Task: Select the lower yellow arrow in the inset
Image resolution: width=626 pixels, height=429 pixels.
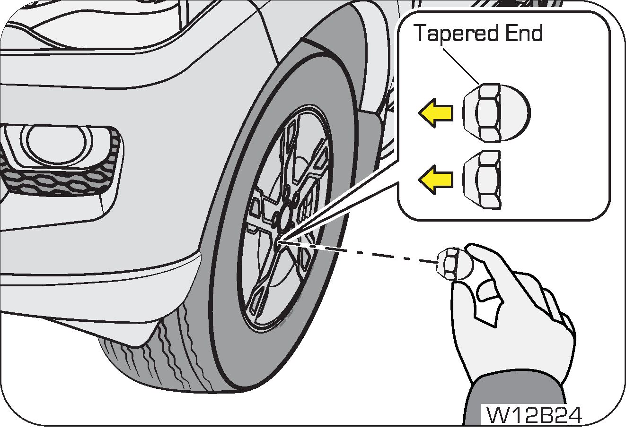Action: [x=435, y=180]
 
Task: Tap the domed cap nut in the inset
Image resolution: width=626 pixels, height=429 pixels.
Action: [x=495, y=113]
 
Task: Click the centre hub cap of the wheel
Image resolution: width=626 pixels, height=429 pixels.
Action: [x=286, y=215]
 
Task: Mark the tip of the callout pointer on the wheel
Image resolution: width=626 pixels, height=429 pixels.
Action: [x=280, y=242]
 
